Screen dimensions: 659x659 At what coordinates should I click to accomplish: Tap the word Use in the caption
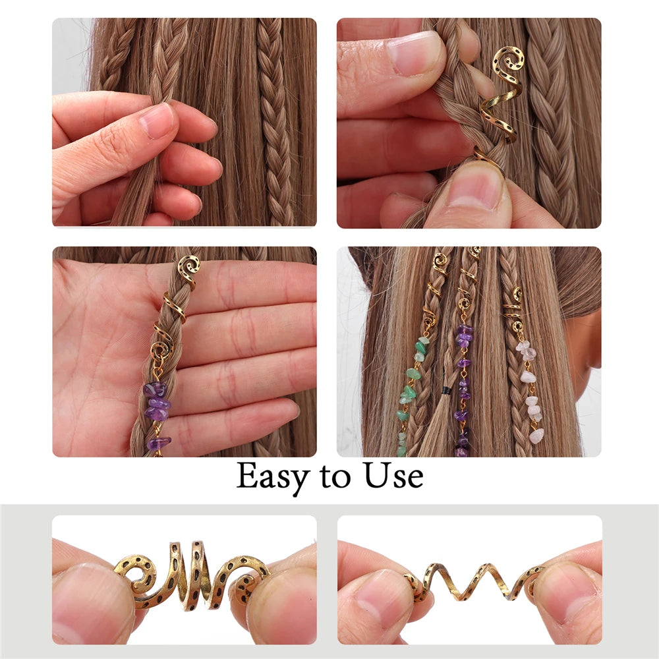point(391,476)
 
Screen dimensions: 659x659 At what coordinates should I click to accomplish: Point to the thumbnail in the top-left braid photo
point(157,121)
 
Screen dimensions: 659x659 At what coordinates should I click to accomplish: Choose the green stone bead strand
point(407,395)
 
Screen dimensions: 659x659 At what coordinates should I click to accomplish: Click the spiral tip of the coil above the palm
point(188,267)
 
